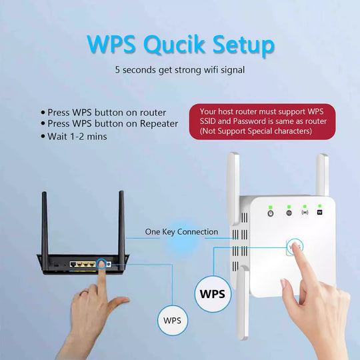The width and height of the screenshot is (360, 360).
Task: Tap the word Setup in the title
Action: click(241, 45)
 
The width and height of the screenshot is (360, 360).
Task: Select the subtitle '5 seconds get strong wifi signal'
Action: click(179, 69)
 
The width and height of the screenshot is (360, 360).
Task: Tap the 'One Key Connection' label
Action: click(181, 232)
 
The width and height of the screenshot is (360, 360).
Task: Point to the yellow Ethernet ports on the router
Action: click(83, 265)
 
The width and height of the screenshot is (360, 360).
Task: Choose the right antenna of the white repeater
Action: click(323, 177)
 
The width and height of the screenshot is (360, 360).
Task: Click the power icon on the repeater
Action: click(271, 213)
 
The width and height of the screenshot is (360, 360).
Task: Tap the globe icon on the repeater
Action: click(289, 213)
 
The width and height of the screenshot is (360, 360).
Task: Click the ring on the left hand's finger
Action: click(84, 293)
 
